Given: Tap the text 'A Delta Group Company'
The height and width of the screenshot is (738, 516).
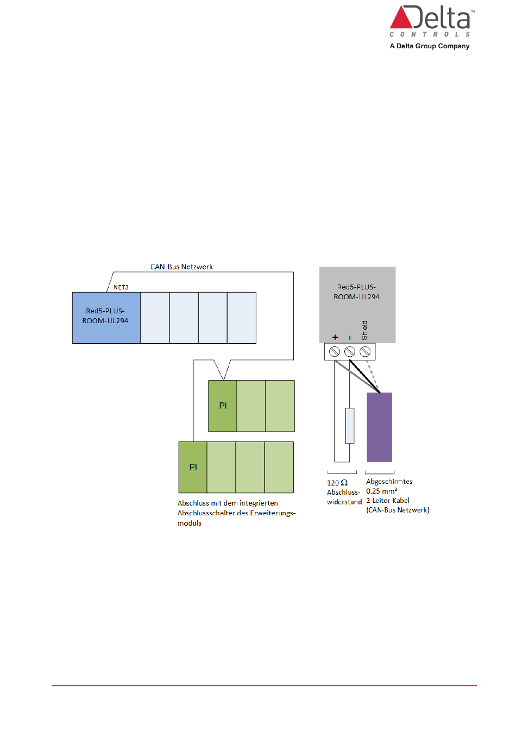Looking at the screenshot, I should point(429,46).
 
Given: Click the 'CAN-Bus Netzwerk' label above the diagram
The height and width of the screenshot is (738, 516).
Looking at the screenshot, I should point(181,267).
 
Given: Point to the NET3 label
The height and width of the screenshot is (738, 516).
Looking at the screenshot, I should point(121,287).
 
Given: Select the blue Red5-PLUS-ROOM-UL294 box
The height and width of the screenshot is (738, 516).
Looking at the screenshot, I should point(106,318).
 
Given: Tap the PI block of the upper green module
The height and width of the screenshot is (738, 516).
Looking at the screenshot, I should point(223,406).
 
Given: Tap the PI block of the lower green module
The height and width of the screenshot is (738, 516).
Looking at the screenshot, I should point(193,467).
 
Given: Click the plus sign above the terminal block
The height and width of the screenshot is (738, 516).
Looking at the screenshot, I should point(335,337).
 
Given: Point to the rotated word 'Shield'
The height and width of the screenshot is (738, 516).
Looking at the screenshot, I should point(364,330).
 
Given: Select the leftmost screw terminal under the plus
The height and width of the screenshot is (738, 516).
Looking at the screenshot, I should point(335,351).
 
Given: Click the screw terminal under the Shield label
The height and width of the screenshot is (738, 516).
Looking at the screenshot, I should point(365,351).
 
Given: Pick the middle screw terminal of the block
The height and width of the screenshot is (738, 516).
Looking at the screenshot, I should point(350,351).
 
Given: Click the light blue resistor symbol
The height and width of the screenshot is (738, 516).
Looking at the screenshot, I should point(350,426).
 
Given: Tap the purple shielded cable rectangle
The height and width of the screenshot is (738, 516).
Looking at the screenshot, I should point(379,427).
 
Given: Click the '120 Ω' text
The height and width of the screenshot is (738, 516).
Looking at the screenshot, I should point(337,483).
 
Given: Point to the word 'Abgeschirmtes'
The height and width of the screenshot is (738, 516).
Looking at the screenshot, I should point(389,482).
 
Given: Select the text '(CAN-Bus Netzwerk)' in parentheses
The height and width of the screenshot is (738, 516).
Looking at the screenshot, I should point(398,510).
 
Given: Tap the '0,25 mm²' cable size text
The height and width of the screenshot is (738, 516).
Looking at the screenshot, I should point(381,491).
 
